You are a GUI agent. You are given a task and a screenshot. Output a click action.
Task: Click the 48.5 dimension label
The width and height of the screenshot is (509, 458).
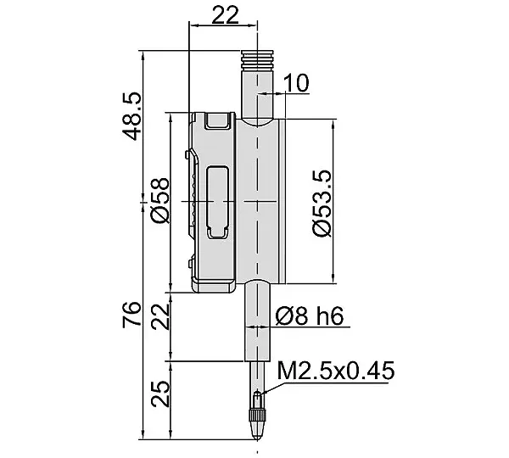[x=132, y=116]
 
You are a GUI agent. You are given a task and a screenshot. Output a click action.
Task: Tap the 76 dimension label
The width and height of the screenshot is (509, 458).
[x=132, y=314]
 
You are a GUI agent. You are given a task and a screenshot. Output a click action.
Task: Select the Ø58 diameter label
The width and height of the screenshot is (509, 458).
[x=160, y=201]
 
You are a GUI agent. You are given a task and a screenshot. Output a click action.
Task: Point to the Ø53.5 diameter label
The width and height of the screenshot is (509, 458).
[x=322, y=204]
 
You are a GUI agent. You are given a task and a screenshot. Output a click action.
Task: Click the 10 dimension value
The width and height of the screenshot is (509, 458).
[x=296, y=83]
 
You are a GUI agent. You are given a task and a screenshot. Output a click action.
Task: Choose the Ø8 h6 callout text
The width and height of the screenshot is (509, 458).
[x=310, y=316]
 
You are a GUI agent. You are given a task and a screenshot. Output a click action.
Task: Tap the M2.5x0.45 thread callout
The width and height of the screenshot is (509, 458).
[x=336, y=371]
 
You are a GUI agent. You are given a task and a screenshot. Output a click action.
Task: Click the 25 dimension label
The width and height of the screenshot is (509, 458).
[x=160, y=394]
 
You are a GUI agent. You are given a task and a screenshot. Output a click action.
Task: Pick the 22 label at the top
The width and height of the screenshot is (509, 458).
[x=225, y=15]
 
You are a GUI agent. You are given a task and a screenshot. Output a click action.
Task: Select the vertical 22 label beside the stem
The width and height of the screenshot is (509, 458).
[x=160, y=316]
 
